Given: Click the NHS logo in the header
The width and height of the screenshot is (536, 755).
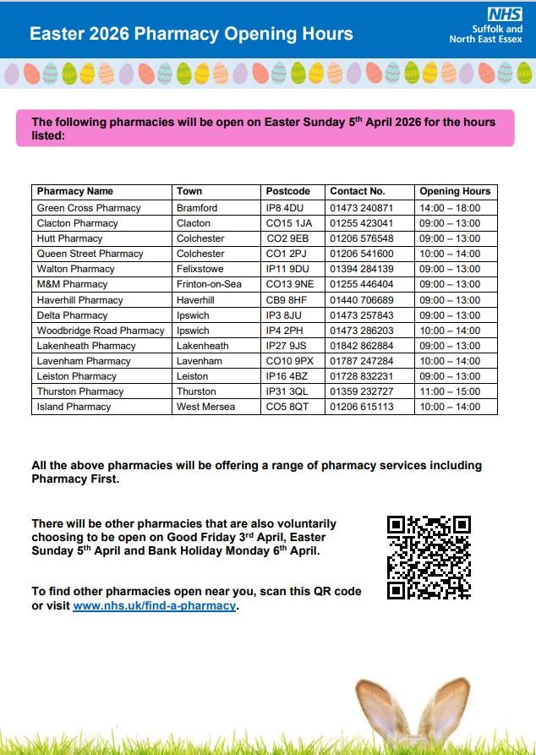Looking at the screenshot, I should (504, 14).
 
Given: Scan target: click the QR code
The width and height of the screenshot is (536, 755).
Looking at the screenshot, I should (429, 557).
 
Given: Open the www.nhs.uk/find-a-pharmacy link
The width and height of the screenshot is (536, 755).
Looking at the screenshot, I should (154, 606).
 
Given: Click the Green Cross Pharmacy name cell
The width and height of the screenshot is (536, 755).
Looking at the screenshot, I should (89, 208).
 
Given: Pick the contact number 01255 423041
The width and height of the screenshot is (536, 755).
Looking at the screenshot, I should (361, 223).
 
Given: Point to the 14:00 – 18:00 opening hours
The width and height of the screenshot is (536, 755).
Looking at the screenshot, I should (450, 208).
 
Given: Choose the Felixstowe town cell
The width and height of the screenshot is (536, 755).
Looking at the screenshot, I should (201, 269).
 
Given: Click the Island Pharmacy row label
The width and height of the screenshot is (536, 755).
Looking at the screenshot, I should (74, 407).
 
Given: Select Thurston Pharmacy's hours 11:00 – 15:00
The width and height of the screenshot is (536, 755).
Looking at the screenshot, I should (450, 391).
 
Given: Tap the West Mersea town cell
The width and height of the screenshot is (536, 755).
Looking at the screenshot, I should (205, 407).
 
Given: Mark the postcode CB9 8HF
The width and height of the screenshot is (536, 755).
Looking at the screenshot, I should (287, 300).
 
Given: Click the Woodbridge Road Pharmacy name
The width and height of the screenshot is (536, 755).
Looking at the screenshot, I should (100, 331).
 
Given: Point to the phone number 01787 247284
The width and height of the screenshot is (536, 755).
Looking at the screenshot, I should (361, 361).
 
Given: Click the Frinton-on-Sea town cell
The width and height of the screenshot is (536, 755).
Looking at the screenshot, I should (209, 284).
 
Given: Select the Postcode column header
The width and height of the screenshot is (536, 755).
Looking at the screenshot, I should (287, 191).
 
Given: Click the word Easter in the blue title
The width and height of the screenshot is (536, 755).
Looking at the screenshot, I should (56, 35).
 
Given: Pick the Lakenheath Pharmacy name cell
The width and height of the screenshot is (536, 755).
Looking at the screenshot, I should (86, 346).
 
